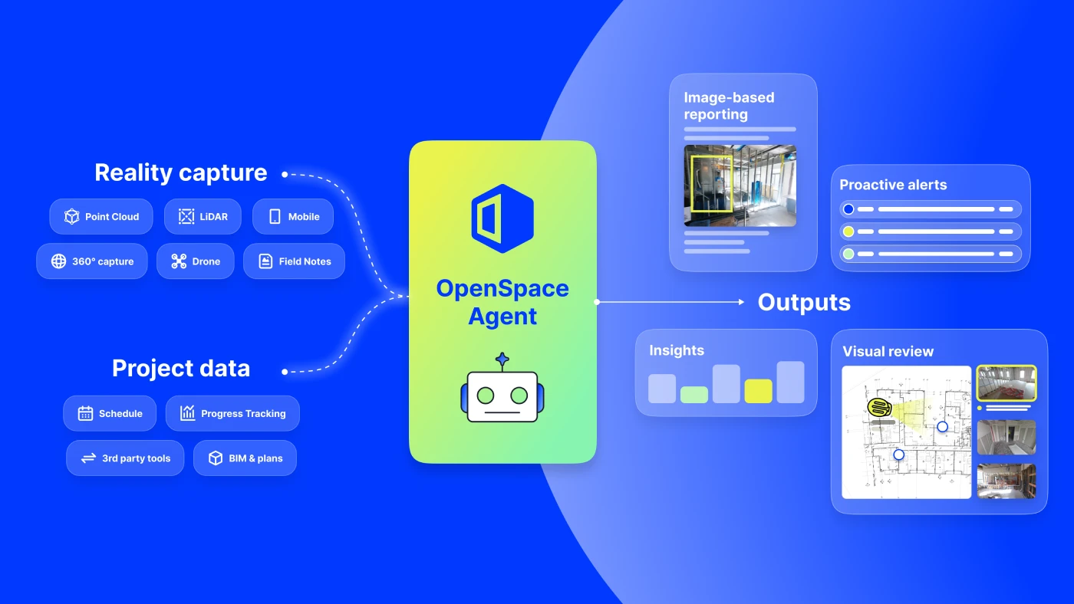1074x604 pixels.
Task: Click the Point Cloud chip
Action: tap(101, 216)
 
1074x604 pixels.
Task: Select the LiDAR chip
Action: tap(203, 216)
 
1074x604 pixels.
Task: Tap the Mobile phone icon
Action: tap(275, 216)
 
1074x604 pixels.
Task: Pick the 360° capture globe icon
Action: tap(58, 261)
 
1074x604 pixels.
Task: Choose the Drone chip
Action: tap(195, 261)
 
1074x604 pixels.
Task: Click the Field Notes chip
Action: tap(294, 261)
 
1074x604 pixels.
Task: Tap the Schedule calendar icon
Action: tap(85, 413)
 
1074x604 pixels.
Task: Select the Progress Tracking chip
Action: tap(232, 413)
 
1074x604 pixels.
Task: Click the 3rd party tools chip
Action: tap(125, 458)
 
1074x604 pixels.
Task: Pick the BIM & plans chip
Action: tap(245, 458)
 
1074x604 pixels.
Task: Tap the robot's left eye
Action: tap(485, 396)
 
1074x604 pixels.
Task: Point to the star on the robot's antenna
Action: tap(502, 359)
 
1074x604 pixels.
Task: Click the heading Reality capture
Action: tap(181, 172)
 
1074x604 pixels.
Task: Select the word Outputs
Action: tap(804, 302)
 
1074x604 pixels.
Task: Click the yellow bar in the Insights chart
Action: tap(758, 391)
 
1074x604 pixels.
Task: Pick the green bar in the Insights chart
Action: tap(693, 395)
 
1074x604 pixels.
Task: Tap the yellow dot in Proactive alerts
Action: tap(848, 231)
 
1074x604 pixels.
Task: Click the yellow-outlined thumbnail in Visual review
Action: tap(1006, 383)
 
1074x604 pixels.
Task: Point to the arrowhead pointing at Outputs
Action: tap(741, 302)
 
